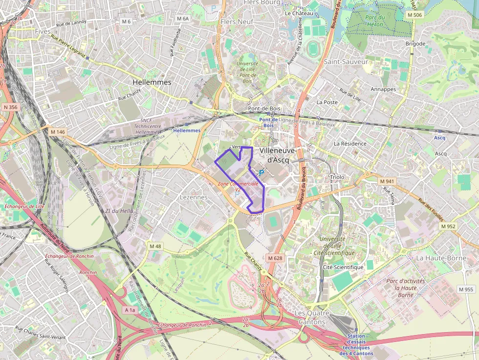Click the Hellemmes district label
tap(152, 82)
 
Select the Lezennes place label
tap(194, 197)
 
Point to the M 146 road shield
tap(57, 132)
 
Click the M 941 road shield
tap(387, 181)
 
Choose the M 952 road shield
tap(448, 226)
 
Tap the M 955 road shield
tap(466, 290)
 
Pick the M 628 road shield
tap(275, 257)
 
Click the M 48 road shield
tap(155, 246)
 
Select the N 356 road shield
tap(10, 107)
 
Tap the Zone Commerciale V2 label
tap(238, 186)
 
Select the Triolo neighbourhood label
tap(337, 177)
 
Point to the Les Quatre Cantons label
tap(312, 318)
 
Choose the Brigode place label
tap(415, 43)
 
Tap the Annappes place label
tap(383, 89)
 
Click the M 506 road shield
tap(414, 15)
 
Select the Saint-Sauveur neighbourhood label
tap(346, 62)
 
